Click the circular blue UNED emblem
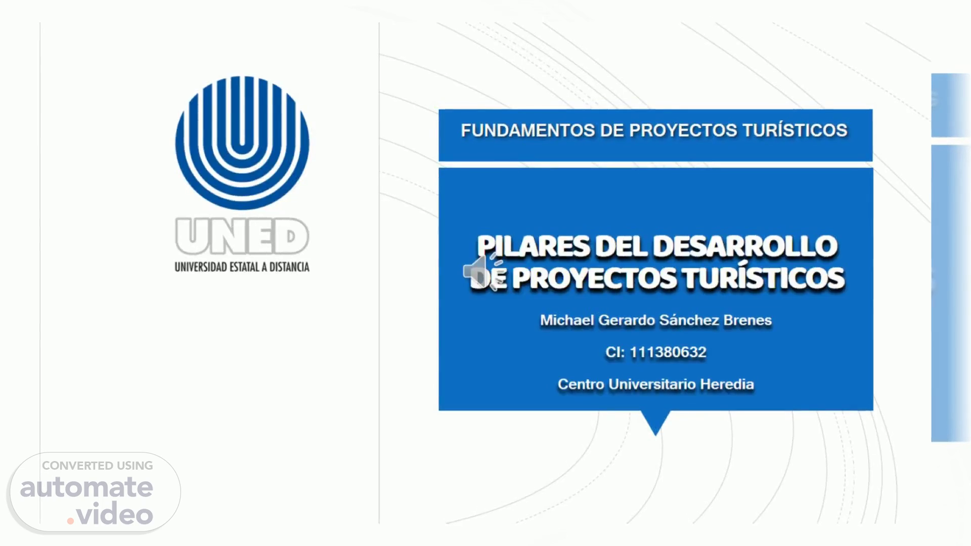click(242, 143)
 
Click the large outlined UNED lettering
click(242, 237)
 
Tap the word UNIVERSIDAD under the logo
click(201, 266)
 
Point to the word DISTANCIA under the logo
click(289, 266)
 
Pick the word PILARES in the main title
click(534, 246)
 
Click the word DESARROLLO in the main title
click(745, 246)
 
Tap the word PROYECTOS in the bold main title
click(594, 279)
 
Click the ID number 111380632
click(668, 352)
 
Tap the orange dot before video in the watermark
click(71, 520)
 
